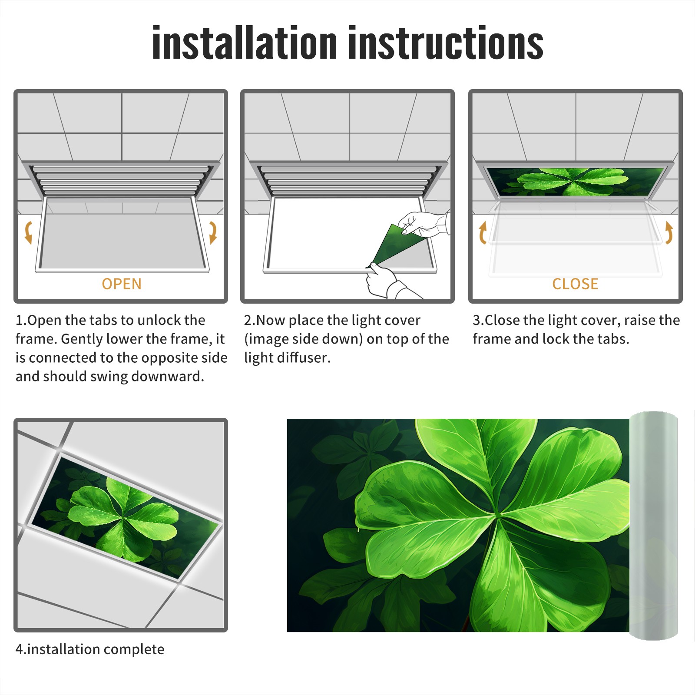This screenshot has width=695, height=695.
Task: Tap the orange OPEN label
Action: [122, 284]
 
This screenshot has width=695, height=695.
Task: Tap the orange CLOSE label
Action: [575, 284]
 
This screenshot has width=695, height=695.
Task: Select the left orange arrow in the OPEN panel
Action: [28, 232]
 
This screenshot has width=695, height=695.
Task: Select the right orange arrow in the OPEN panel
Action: [213, 232]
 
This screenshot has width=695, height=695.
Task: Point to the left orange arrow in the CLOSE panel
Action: [483, 232]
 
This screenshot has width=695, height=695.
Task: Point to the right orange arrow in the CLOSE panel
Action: [669, 232]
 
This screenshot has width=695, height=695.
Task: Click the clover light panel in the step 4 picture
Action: [125, 517]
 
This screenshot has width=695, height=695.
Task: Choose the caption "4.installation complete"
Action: [90, 649]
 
